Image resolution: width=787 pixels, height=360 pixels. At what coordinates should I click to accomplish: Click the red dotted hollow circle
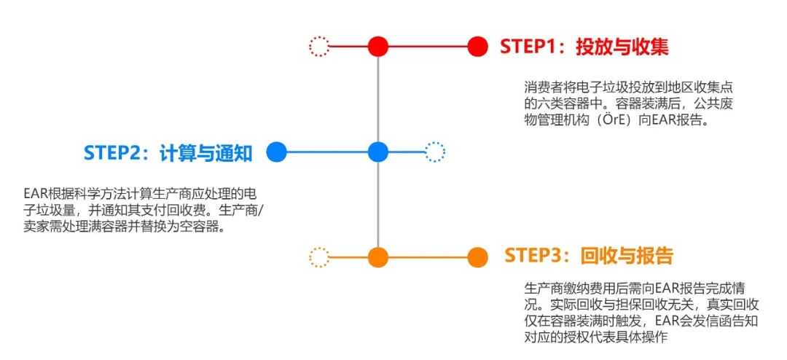pyautogui.click(x=318, y=47)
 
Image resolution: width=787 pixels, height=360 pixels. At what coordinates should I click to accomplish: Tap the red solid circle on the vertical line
pyautogui.click(x=378, y=47)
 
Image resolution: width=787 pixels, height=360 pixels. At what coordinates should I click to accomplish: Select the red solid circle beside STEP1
pyautogui.click(x=477, y=47)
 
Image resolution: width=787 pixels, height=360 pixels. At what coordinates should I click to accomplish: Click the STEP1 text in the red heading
pyautogui.click(x=528, y=47)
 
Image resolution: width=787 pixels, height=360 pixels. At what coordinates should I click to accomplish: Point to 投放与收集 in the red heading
pyautogui.click(x=622, y=47)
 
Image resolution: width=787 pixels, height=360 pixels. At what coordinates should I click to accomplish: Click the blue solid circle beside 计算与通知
pyautogui.click(x=276, y=152)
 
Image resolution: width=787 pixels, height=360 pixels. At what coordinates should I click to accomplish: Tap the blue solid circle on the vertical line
pyautogui.click(x=378, y=152)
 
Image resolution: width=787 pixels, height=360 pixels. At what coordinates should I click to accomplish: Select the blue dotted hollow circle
pyautogui.click(x=434, y=152)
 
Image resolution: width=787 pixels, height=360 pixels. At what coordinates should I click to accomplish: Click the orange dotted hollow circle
pyautogui.click(x=318, y=257)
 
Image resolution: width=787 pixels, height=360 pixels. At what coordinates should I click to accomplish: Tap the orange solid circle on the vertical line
pyautogui.click(x=378, y=257)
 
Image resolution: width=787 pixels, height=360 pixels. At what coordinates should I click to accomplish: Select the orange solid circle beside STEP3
pyautogui.click(x=477, y=257)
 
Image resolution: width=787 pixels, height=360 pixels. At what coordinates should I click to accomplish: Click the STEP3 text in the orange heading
pyautogui.click(x=533, y=256)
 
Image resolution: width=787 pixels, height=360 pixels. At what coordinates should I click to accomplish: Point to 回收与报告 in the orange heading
pyautogui.click(x=626, y=256)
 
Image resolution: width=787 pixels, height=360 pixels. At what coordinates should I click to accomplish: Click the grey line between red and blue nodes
pyautogui.click(x=378, y=99)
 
